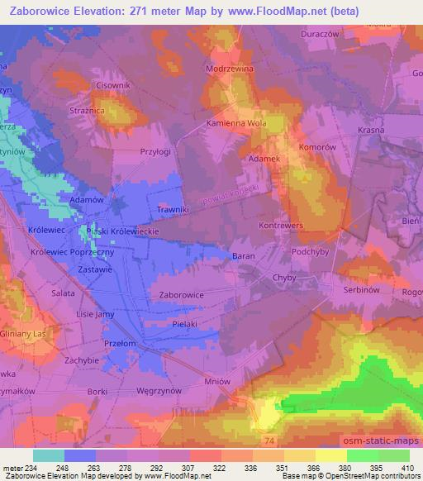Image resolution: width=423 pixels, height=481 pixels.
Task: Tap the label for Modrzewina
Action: [231, 70]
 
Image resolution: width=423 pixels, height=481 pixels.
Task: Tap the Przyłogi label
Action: [155, 152]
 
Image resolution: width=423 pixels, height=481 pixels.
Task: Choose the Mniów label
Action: [218, 383]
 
